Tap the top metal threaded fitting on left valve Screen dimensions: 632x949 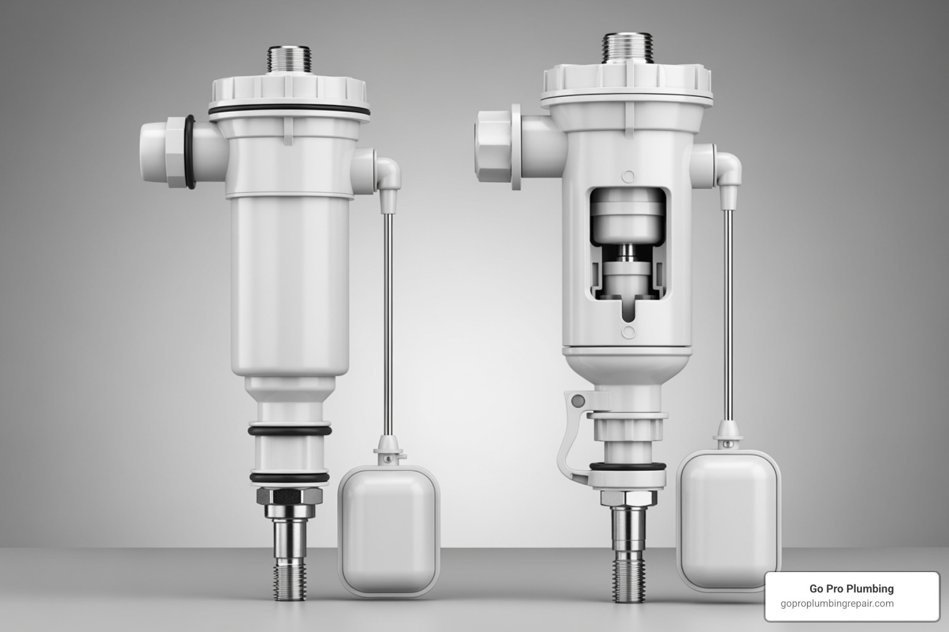[x=289, y=60]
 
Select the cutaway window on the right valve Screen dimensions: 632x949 [x=628, y=253]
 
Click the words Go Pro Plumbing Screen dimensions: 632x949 [x=851, y=589]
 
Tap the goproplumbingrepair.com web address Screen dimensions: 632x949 [x=837, y=604]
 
